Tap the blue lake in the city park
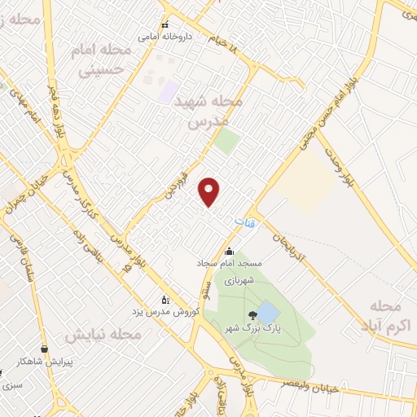click(x=266, y=312)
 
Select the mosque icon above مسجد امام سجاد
click(x=230, y=251)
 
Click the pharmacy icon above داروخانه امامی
click(x=166, y=24)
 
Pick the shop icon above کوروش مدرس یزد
click(x=166, y=299)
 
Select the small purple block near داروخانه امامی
click(x=169, y=92)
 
